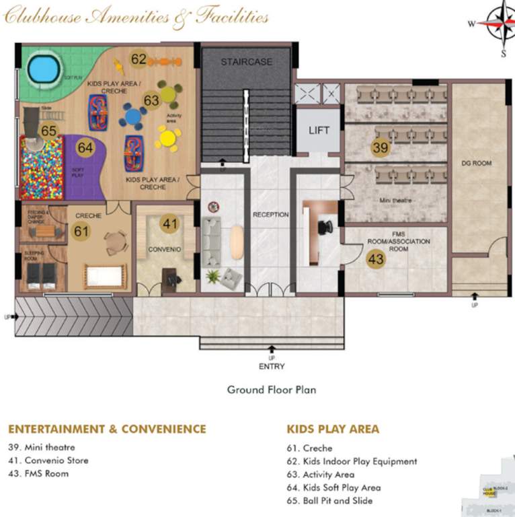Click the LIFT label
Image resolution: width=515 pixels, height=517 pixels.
[319, 130]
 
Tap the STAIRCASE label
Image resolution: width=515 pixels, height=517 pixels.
[247, 62]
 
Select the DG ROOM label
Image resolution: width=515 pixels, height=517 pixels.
[477, 163]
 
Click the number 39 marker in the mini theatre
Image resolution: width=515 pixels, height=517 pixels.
[381, 147]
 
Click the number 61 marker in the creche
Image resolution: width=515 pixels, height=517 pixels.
[81, 231]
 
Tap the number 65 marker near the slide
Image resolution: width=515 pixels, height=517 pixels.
[49, 131]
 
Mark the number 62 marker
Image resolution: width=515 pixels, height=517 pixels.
[139, 59]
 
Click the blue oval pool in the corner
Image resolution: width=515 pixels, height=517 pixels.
[42, 69]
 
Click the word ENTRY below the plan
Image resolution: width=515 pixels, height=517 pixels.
[272, 366]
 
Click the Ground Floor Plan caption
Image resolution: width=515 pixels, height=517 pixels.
[271, 390]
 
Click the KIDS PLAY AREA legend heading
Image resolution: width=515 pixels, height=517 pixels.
[333, 429]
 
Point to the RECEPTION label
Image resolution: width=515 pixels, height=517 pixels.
[270, 215]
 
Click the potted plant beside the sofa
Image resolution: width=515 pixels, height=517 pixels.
[214, 276]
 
